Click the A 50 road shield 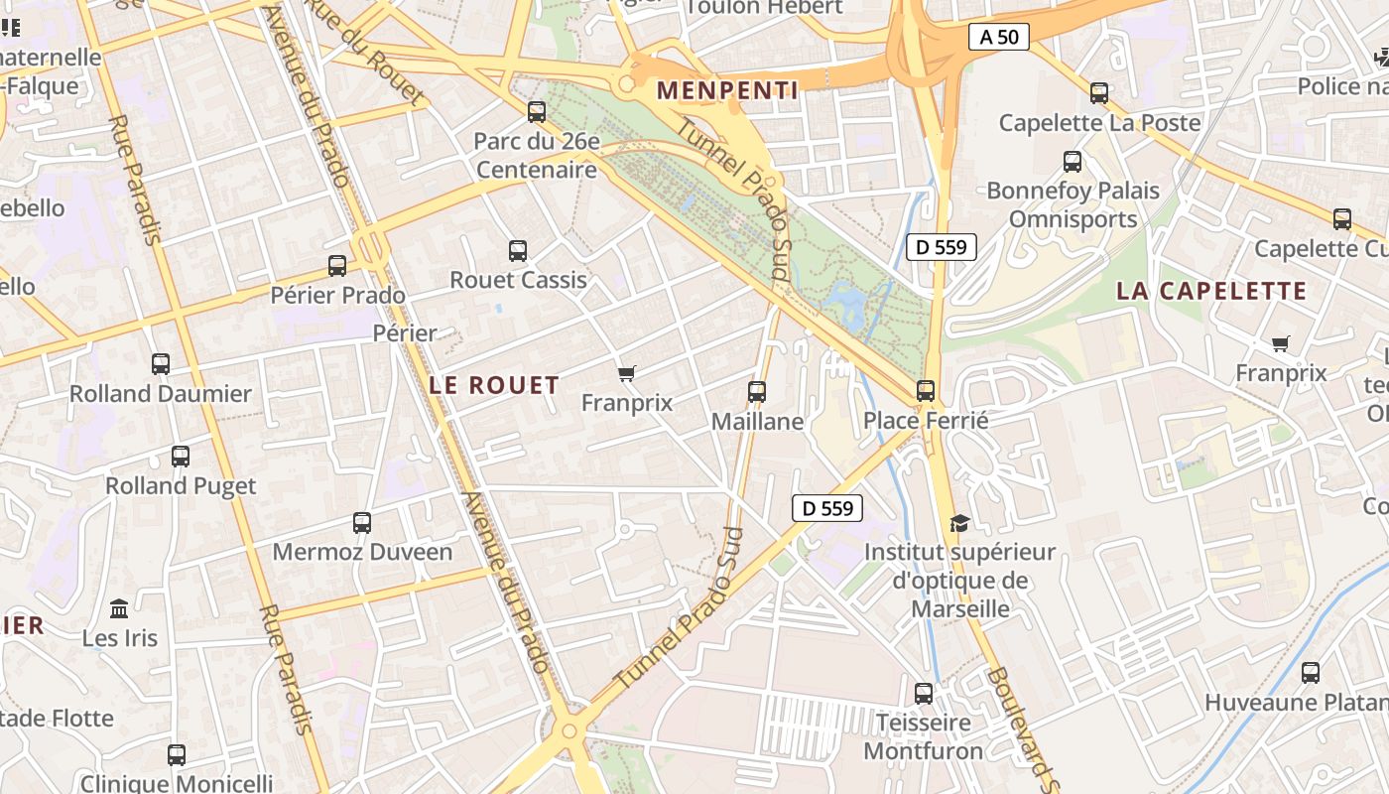click(998, 38)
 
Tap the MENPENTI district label click(727, 90)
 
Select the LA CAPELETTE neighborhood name click(1211, 291)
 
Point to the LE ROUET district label click(494, 385)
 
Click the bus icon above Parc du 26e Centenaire click(537, 112)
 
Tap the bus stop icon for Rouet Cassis click(518, 251)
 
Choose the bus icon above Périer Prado click(337, 266)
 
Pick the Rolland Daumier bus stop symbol click(161, 364)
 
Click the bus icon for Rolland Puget click(181, 457)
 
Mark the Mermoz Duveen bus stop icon click(362, 523)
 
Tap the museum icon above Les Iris click(120, 608)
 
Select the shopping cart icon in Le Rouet click(626, 374)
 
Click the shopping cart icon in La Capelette click(1281, 344)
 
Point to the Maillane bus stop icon click(757, 392)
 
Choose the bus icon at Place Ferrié click(926, 391)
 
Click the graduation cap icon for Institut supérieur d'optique click(959, 523)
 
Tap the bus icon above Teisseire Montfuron click(924, 694)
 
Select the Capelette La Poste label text click(1099, 123)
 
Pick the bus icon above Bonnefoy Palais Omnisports click(1073, 162)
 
